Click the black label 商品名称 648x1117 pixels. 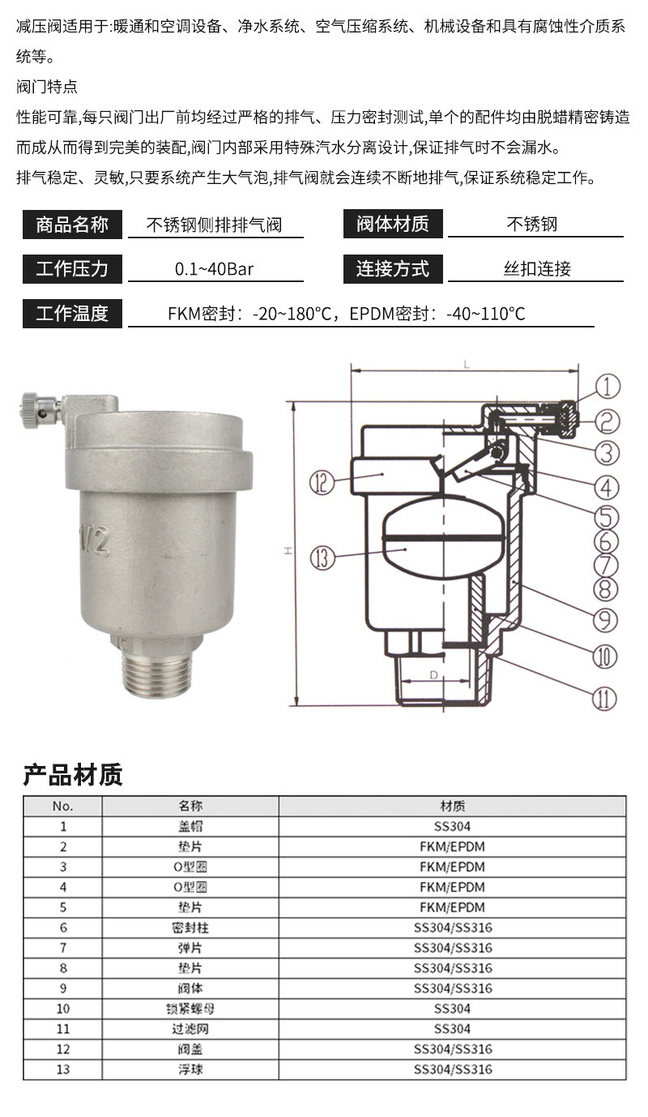72,225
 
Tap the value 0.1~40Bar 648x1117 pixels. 215,269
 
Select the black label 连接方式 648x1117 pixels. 393,269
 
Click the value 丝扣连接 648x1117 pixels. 537,269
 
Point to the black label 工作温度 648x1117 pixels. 72,314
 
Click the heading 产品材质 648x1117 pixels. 72,775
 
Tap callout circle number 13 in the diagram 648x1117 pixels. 321,558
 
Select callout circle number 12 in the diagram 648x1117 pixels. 321,484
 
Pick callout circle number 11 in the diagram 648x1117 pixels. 603,698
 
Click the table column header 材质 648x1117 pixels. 452,807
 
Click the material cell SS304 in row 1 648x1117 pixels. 452,827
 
